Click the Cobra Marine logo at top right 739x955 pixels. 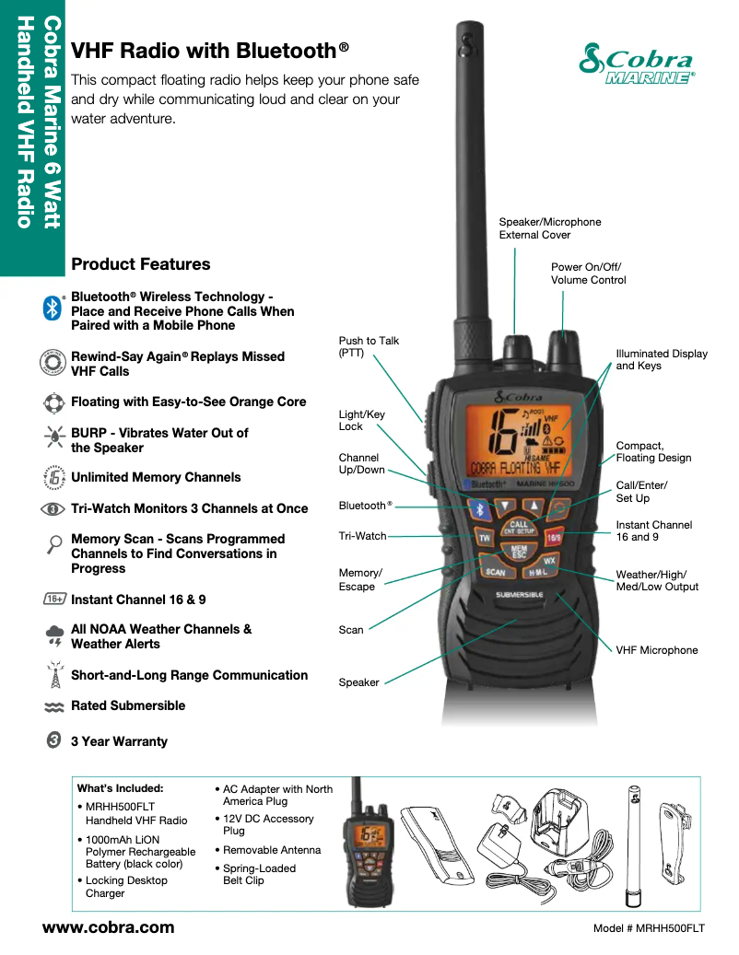[x=637, y=64]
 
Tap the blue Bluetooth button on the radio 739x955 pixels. [x=478, y=507]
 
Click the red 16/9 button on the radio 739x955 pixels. [x=555, y=537]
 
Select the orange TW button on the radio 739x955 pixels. [x=483, y=537]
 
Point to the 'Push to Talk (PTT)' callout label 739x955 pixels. [x=369, y=346]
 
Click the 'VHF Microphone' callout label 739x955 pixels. [x=656, y=650]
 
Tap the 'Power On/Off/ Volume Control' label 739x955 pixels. [x=588, y=274]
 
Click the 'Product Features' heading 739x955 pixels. [x=140, y=264]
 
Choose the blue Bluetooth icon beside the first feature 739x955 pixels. [x=53, y=309]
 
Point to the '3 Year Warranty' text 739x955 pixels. [x=119, y=741]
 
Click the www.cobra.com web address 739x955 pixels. [x=108, y=927]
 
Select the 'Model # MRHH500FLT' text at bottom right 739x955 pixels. [x=649, y=928]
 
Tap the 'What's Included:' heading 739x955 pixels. [x=120, y=788]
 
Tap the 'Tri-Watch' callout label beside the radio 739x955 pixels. [x=362, y=536]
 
